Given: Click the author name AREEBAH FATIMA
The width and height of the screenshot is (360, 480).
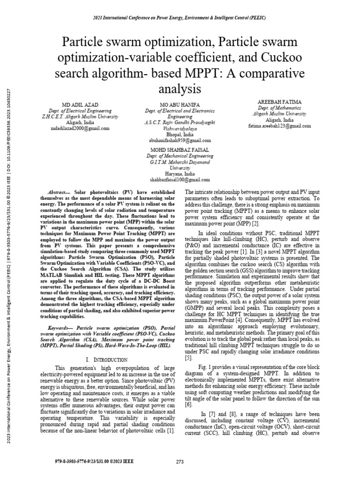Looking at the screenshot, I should tap(280, 101).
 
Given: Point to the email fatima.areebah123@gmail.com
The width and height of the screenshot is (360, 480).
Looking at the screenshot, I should tap(280, 126).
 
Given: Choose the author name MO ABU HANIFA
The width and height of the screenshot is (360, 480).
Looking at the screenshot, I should tap(180, 105).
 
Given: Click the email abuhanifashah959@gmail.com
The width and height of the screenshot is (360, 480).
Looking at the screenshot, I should tap(180, 140).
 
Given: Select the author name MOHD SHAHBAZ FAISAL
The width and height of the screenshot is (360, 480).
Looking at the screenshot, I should tap(180, 150).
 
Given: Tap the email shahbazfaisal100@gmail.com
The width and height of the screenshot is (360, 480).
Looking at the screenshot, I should tap(180, 180).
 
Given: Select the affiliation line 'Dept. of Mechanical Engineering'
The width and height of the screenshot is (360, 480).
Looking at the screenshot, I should tap(180, 156).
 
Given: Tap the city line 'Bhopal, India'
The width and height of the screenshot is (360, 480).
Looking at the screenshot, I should tap(180, 134).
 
